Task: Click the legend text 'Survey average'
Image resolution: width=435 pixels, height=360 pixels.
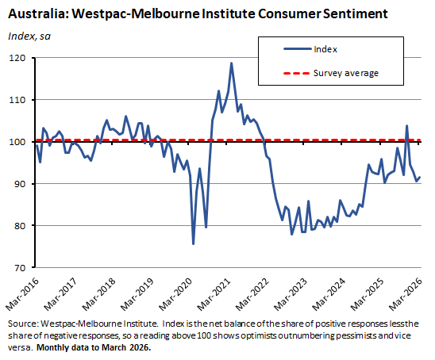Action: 345,73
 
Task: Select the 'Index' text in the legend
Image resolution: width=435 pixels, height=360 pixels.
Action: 325,49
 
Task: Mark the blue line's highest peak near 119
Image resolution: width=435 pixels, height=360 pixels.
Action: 231,63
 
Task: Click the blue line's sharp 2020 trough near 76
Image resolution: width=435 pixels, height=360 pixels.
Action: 194,243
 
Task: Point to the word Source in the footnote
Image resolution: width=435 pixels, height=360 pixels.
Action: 23,325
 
